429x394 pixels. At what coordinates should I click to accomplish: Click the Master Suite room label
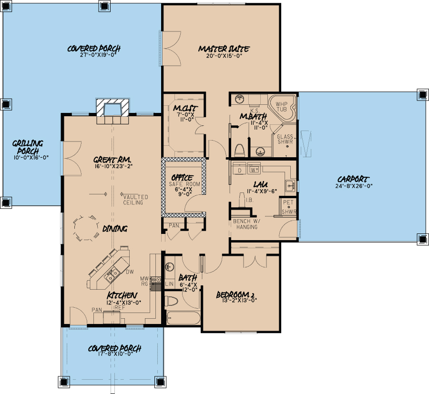point(224,49)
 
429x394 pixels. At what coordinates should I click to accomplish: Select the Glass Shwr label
point(285,140)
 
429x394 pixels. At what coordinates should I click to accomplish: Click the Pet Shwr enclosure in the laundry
point(288,207)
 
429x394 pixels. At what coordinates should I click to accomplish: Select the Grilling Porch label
point(28,146)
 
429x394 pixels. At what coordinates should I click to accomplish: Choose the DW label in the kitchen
point(129,272)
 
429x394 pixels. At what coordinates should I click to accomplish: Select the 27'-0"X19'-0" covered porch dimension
point(93,55)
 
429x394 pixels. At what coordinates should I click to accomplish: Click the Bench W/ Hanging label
point(245,224)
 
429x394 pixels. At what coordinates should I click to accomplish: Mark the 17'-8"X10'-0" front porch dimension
point(114,356)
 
